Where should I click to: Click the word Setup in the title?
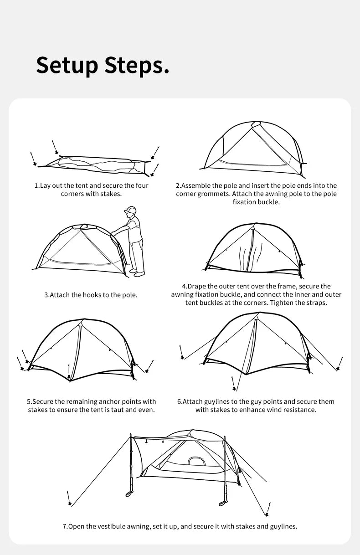[x=67, y=65]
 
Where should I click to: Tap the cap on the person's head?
[x=130, y=211]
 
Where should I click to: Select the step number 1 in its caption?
[x=36, y=186]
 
